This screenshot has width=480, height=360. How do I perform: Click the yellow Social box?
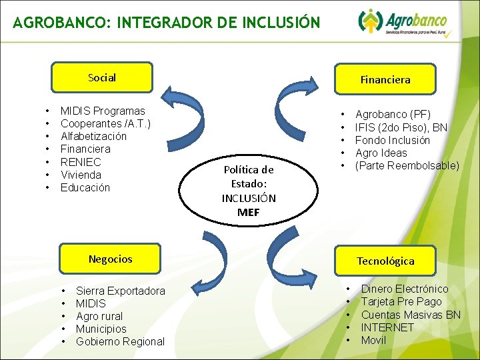pyautogui.click(x=102, y=78)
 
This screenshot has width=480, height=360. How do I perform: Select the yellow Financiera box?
pyautogui.click(x=385, y=80)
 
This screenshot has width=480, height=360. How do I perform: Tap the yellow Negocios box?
pyautogui.click(x=110, y=259)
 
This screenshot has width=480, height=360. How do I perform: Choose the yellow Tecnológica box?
pyautogui.click(x=385, y=261)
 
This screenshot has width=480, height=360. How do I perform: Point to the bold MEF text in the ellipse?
pyautogui.click(x=248, y=213)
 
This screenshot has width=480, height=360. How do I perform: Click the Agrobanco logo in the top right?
pyautogui.click(x=404, y=23)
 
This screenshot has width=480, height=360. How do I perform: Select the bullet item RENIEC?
pyautogui.click(x=81, y=162)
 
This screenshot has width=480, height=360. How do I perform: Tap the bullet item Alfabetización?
pyautogui.click(x=93, y=137)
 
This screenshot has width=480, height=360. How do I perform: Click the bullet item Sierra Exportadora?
pyautogui.click(x=120, y=291)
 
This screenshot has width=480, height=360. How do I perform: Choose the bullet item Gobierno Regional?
pyautogui.click(x=120, y=341)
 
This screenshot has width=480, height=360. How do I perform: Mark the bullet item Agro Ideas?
pyautogui.click(x=381, y=153)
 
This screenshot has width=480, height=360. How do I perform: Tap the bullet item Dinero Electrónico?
pyautogui.click(x=405, y=289)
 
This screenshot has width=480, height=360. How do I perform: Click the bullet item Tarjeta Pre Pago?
pyautogui.click(x=401, y=301)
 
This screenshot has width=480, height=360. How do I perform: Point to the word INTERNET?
pyautogui.click(x=387, y=327)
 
